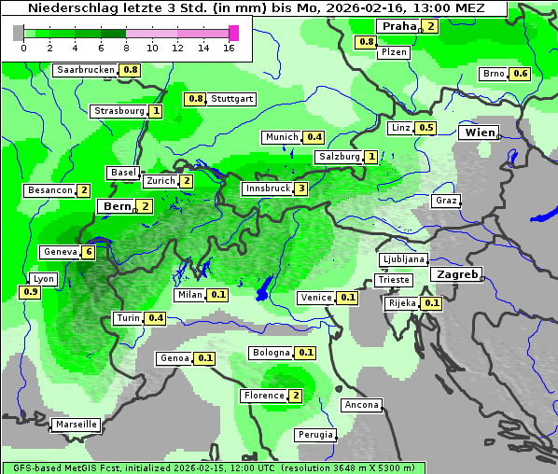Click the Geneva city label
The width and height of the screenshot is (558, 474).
(x=61, y=252)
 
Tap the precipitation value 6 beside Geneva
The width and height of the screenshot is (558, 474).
(x=89, y=252)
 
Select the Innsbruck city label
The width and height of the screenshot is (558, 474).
(x=267, y=188)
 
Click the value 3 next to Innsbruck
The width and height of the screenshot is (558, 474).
(x=300, y=188)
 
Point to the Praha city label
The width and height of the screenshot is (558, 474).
(x=399, y=26)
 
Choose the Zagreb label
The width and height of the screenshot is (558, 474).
(x=455, y=274)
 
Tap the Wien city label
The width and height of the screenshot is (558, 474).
(x=479, y=132)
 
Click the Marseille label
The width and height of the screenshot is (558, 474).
(x=76, y=425)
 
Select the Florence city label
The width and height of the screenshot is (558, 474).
(x=263, y=396)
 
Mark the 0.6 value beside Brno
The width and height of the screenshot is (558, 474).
(x=521, y=74)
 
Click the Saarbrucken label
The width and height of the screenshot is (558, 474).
(x=86, y=70)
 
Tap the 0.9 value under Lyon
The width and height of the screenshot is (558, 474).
(x=30, y=292)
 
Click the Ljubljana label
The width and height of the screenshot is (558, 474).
(x=404, y=259)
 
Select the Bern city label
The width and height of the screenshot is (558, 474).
(x=118, y=206)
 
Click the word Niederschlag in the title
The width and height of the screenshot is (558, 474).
(x=71, y=8)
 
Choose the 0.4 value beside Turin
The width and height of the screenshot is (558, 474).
(x=156, y=318)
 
